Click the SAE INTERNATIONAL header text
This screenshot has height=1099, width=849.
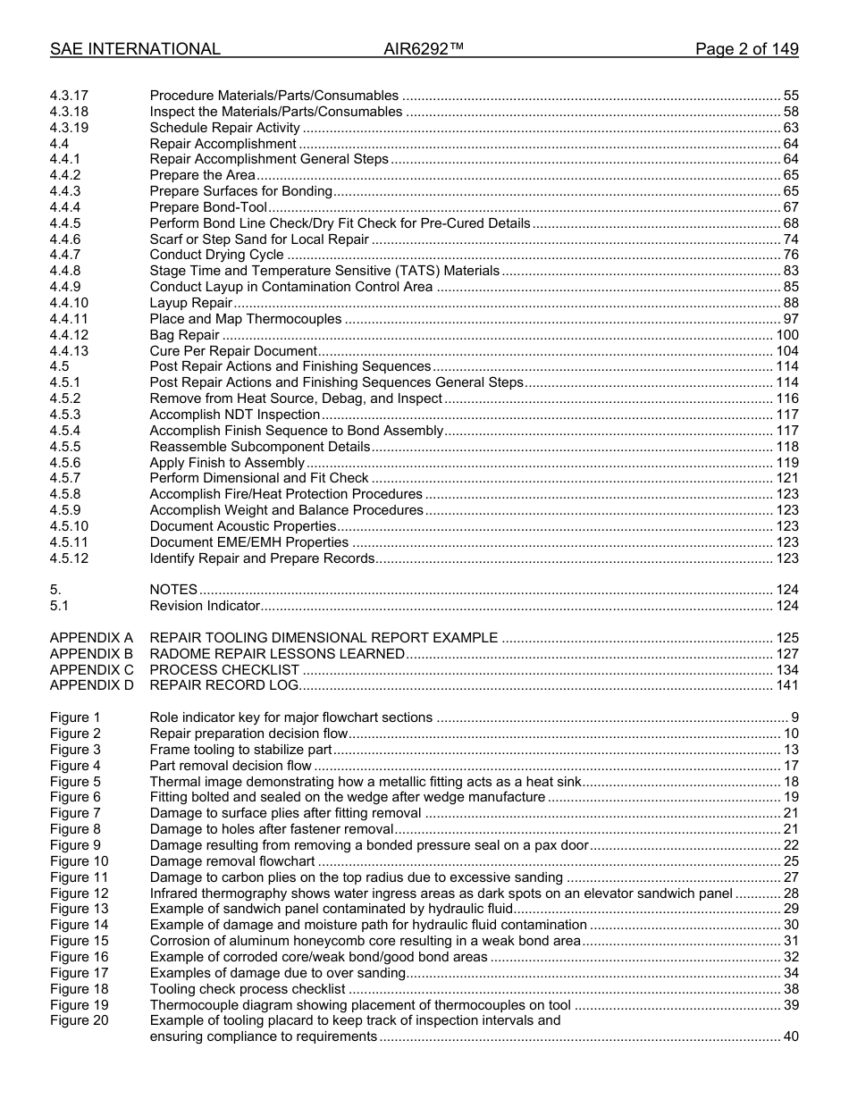[x=135, y=50]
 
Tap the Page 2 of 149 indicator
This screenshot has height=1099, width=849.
[x=746, y=50]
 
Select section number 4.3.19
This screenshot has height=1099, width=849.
[x=69, y=128]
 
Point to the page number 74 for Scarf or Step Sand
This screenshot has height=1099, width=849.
[x=790, y=239]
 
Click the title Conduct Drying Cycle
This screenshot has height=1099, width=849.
[x=216, y=256]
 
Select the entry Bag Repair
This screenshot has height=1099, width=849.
[x=184, y=335]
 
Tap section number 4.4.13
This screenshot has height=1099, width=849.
[x=69, y=351]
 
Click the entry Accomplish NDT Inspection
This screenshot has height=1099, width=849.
[x=234, y=415]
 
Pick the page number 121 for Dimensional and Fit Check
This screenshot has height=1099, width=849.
[x=786, y=479]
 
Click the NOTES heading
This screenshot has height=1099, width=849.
[x=173, y=590]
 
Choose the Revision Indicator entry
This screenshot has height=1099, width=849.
[x=205, y=606]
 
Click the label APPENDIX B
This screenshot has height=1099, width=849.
[x=91, y=654]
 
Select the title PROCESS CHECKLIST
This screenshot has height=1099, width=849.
[x=224, y=670]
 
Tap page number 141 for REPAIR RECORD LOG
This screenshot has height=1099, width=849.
[x=786, y=686]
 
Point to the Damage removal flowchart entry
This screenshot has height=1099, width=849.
[x=232, y=861]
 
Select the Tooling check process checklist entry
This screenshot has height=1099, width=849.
[x=247, y=989]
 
